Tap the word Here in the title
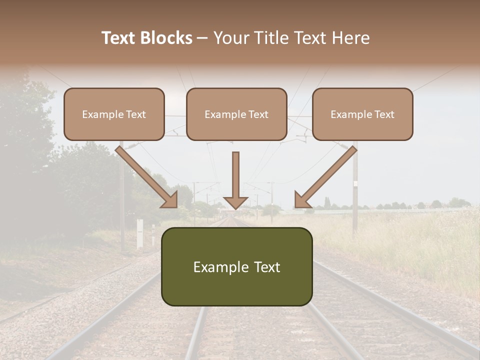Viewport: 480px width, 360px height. [351, 38]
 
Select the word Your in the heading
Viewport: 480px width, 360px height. [229, 38]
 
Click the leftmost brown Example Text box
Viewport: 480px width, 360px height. [114, 114]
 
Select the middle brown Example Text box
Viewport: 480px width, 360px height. [236, 114]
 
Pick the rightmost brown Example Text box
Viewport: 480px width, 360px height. [362, 114]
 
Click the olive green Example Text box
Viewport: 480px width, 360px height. [236, 266]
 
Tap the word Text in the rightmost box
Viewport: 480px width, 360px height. [384, 114]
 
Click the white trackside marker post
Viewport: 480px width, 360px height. [140, 233]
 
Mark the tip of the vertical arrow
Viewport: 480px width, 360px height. [235, 208]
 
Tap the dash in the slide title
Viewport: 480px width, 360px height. [202, 38]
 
